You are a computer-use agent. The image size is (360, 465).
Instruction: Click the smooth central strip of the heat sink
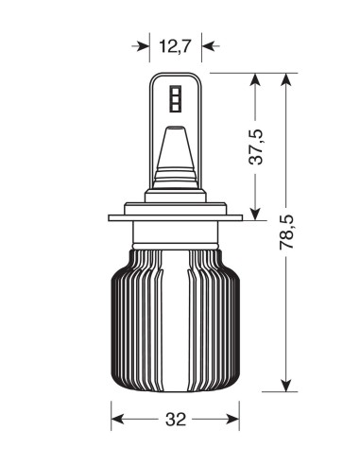(x=176, y=321)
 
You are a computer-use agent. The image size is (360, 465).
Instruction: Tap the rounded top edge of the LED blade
(x=177, y=76)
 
